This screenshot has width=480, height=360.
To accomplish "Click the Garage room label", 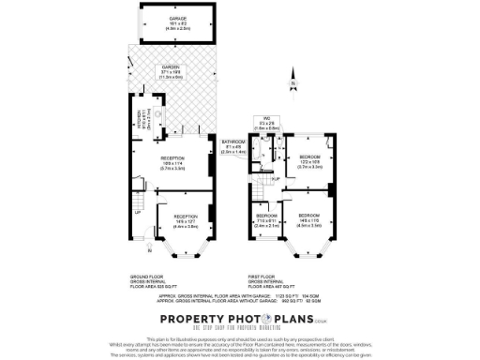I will click(177, 20).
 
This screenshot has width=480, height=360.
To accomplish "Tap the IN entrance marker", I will click(148, 251).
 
